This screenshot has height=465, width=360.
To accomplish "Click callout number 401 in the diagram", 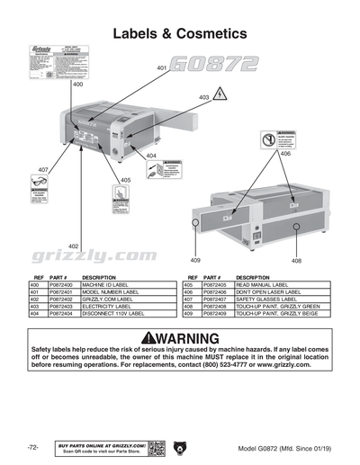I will (x=162, y=68).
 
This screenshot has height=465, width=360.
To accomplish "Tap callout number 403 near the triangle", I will (x=203, y=96).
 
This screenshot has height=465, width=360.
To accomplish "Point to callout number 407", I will (x=42, y=170).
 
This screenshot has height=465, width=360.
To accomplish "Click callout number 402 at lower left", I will (x=73, y=246).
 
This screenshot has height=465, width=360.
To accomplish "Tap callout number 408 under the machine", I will (x=295, y=261).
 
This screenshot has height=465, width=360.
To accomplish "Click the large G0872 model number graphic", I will (x=214, y=65).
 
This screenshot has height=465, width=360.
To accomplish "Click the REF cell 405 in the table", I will (x=190, y=284).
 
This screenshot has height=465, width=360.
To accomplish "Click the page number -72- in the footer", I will (x=32, y=447).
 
